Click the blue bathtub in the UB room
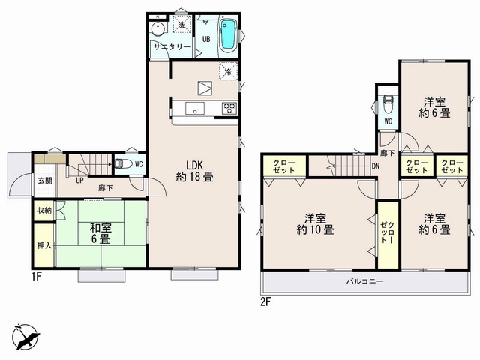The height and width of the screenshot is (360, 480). (x=228, y=34)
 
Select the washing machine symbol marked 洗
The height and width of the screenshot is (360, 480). (x=182, y=25)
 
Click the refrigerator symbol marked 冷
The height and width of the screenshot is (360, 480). (x=228, y=72)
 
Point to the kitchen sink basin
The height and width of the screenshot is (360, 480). (x=195, y=108)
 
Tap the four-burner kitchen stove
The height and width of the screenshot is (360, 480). (x=230, y=108)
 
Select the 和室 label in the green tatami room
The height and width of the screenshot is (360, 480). (x=100, y=228)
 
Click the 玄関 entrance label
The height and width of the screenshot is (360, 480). (x=45, y=181)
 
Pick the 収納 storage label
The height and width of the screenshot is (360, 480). (x=44, y=210)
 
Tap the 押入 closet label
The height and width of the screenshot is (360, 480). (x=44, y=245)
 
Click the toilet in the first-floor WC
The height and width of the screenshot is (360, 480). (x=123, y=164)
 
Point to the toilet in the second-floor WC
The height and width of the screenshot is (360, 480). (x=388, y=103)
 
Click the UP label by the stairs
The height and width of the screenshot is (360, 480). (x=79, y=181)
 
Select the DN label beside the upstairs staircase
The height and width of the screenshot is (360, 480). (x=376, y=166)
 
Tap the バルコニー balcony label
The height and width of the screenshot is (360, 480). (x=365, y=281)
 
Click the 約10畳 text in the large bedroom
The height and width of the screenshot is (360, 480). (x=315, y=230)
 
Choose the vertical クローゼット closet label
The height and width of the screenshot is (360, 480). (x=388, y=232)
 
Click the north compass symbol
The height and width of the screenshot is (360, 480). (x=26, y=337)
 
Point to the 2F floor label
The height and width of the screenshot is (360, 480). (x=266, y=302)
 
